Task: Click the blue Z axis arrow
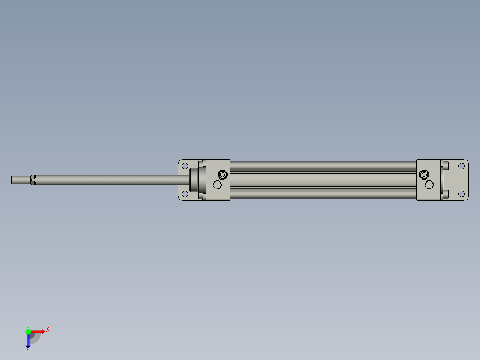pyautogui.click(x=28, y=341)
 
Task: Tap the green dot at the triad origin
pyautogui.click(x=28, y=331)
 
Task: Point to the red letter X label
pyautogui.click(x=48, y=329)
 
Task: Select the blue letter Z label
pyautogui.click(x=28, y=349)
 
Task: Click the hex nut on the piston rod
pyautogui.click(x=33, y=180)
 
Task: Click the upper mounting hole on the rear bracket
pyautogui.click(x=462, y=166)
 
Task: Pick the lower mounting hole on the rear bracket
pyautogui.click(x=462, y=194)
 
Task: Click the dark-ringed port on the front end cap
pyautogui.click(x=223, y=174)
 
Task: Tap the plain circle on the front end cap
pyautogui.click(x=217, y=184)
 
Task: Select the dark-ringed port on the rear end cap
pyautogui.click(x=424, y=174)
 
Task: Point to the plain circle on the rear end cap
pyautogui.click(x=429, y=184)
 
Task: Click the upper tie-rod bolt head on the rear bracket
pyautogui.click(x=446, y=166)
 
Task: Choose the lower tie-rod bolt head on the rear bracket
pyautogui.click(x=446, y=194)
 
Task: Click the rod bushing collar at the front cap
pyautogui.click(x=195, y=180)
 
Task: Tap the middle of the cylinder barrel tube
pyautogui.click(x=323, y=180)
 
